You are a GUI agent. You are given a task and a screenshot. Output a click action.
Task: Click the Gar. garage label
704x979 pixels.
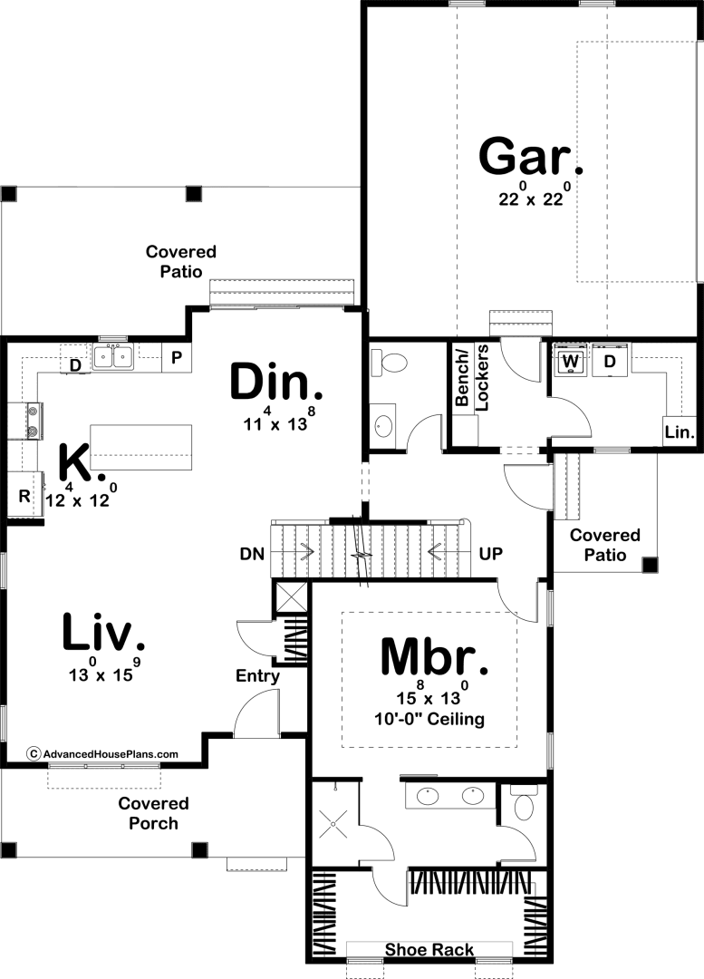click(x=531, y=158)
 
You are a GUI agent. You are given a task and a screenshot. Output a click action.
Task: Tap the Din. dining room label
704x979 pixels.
click(x=276, y=383)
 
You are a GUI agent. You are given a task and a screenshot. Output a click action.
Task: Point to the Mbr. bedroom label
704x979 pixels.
click(x=434, y=657)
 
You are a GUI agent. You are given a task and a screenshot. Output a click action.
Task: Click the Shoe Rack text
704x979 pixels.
click(x=429, y=950)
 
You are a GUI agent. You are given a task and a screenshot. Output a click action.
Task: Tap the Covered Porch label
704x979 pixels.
click(x=153, y=813)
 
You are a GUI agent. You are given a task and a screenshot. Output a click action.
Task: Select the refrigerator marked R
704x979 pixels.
click(x=24, y=497)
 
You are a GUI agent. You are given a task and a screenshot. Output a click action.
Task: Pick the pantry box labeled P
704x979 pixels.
click(x=177, y=358)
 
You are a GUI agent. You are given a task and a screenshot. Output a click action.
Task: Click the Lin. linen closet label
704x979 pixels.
click(x=679, y=431)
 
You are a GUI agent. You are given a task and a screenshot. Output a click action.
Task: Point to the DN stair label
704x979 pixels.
click(x=252, y=554)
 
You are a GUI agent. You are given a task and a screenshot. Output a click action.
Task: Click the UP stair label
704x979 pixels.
click(x=490, y=554)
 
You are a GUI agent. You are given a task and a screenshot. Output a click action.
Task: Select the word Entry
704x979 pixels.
click(x=257, y=676)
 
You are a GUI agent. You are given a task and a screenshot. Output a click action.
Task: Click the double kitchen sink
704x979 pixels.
click(x=113, y=357)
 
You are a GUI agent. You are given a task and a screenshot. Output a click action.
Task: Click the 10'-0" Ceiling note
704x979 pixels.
click(x=429, y=719)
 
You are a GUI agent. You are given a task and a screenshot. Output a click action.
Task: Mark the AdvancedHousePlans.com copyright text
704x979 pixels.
click(x=103, y=754)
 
